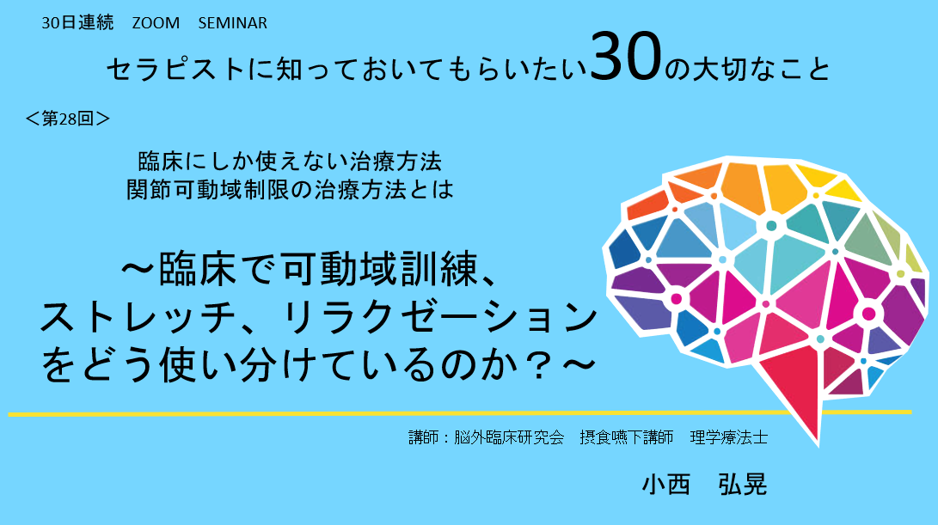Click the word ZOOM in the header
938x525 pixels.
coord(156,22)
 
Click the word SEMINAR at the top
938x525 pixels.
coord(233,22)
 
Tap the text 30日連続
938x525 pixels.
coord(77,22)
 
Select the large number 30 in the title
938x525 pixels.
coord(626,58)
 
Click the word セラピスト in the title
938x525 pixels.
coord(175,70)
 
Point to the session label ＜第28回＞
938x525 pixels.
coord(68,119)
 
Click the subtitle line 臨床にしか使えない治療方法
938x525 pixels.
coord(290,162)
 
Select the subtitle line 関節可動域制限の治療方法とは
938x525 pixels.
coord(290,190)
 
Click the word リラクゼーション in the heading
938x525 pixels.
coord(438,317)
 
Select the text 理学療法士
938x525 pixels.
coord(728,437)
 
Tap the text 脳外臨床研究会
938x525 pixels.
coord(509,437)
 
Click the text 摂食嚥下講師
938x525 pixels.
coord(626,437)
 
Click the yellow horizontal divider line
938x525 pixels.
coord(459,412)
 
